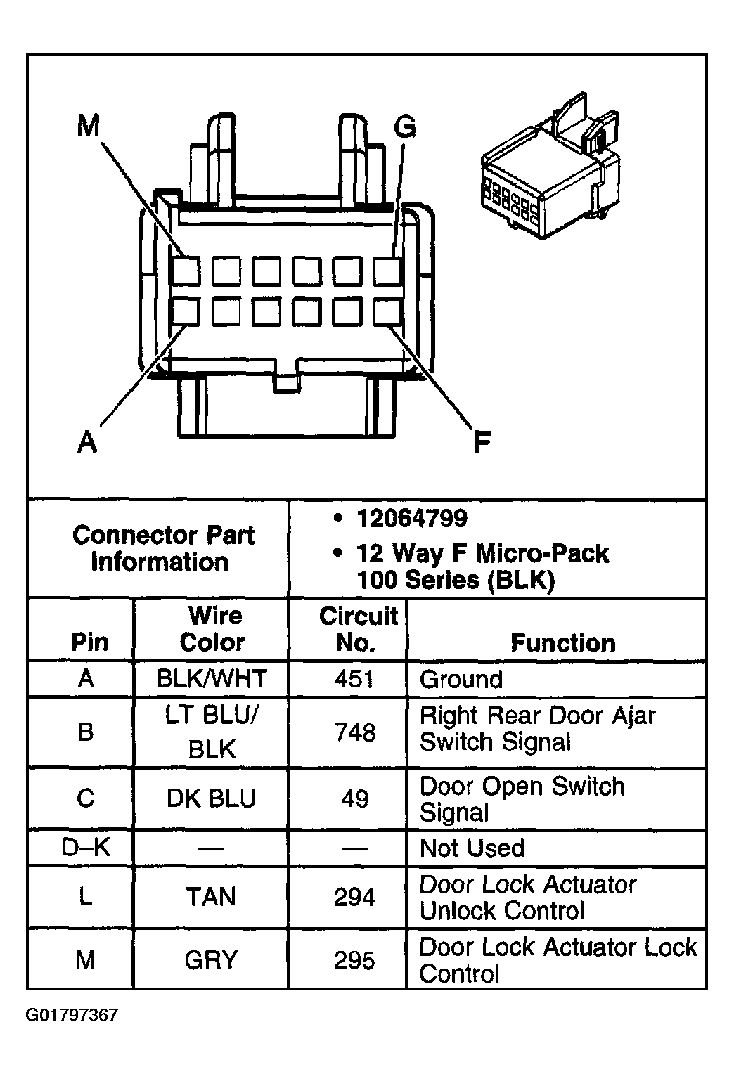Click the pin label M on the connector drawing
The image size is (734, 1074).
pyautogui.click(x=89, y=127)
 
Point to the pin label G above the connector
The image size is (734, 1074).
pyautogui.click(x=405, y=127)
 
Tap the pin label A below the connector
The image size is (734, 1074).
pyautogui.click(x=86, y=442)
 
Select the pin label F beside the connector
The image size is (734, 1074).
pyautogui.click(x=482, y=442)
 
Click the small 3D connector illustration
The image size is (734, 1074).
pyautogui.click(x=549, y=168)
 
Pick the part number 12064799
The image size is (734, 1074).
pyautogui.click(x=412, y=519)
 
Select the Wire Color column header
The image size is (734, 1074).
pyautogui.click(x=213, y=629)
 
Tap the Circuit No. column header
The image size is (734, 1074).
pyautogui.click(x=358, y=629)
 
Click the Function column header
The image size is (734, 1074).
pyautogui.click(x=562, y=642)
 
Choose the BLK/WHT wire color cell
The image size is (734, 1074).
pyautogui.click(x=212, y=679)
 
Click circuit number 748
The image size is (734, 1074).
pyautogui.click(x=355, y=732)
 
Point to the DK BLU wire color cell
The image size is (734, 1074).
pyautogui.click(x=212, y=798)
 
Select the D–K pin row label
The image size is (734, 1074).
pyautogui.click(x=86, y=848)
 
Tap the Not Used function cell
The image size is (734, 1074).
pyautogui.click(x=472, y=848)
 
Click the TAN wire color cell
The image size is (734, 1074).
pyautogui.click(x=212, y=897)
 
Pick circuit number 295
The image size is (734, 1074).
pyautogui.click(x=355, y=960)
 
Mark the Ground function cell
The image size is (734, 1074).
pyautogui.click(x=461, y=680)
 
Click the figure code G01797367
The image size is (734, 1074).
pyautogui.click(x=72, y=1015)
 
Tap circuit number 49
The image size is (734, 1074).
pyautogui.click(x=355, y=798)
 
